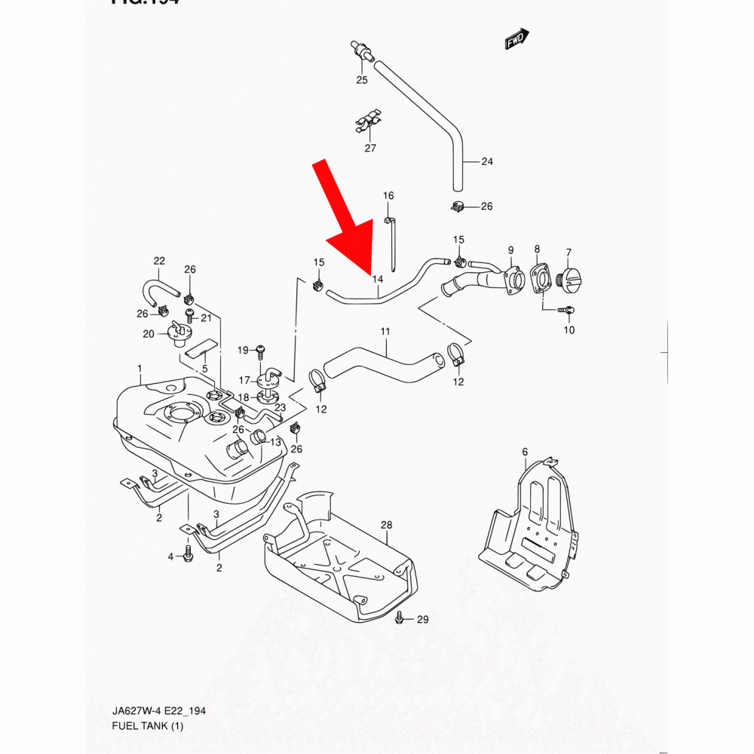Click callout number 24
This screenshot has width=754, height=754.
click(x=486, y=161)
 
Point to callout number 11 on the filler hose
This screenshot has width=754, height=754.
click(x=385, y=331)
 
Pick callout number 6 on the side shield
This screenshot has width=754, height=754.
click(x=525, y=452)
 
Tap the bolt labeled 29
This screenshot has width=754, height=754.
click(x=400, y=619)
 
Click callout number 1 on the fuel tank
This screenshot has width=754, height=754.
click(x=139, y=368)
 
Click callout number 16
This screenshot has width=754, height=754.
click(x=388, y=196)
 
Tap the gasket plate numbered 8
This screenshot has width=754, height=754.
click(x=539, y=277)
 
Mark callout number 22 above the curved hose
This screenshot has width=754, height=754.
click(x=159, y=261)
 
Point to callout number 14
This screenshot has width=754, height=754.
click(x=378, y=279)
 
